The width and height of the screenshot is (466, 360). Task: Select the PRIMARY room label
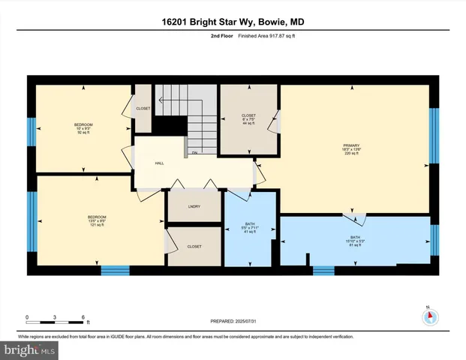tap(352, 148)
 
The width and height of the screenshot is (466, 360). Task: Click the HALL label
tap(159, 163)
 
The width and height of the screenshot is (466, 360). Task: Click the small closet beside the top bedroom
tap(143, 109)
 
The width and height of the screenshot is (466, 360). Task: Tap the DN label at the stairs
tap(194, 153)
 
